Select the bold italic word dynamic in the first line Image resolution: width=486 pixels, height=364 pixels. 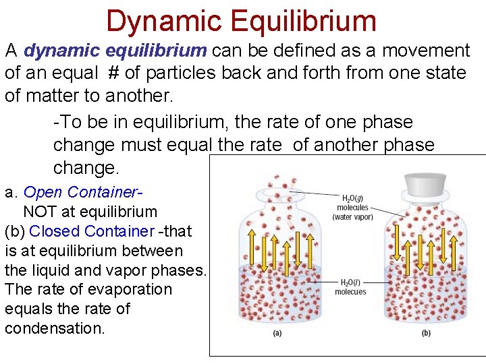[x=65, y=51]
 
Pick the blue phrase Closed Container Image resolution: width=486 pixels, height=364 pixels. [x=92, y=231]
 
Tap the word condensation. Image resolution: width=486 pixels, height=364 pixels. [x=54, y=328]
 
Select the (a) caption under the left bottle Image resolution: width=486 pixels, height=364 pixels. [x=276, y=334]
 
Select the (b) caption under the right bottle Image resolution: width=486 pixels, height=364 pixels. [x=426, y=334]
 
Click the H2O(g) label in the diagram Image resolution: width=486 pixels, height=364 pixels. [x=354, y=199]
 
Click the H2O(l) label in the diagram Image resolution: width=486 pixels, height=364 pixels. [x=350, y=282]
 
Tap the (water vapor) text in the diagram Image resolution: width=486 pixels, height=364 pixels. [x=352, y=217]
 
